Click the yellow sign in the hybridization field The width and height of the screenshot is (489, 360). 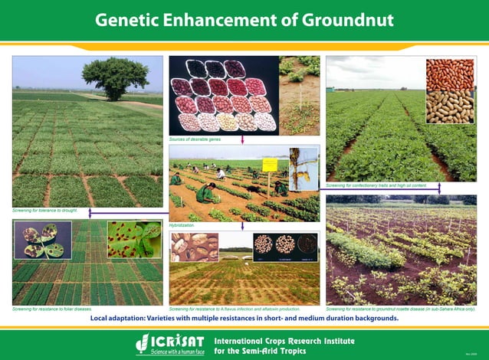point(270,165)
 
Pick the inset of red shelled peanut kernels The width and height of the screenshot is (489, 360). point(450,74)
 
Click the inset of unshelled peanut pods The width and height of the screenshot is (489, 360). point(450,107)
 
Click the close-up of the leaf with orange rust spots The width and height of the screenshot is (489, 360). point(134,239)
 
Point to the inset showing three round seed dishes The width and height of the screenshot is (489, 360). point(285,246)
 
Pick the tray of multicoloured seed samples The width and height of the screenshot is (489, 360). point(223,95)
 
